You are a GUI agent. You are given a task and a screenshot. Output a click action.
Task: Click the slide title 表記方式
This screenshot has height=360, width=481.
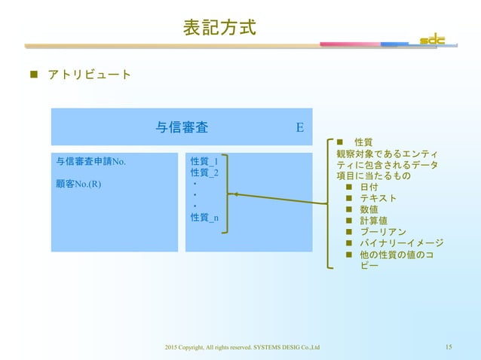coord(219,28)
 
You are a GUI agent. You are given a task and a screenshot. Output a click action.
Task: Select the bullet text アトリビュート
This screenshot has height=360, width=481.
coord(89,75)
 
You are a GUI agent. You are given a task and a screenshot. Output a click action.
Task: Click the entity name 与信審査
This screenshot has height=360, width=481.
coord(182,127)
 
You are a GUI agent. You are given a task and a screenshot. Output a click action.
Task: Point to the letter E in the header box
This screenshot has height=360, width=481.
coord(299,127)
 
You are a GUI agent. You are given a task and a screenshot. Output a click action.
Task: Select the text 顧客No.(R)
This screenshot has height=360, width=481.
coord(79,183)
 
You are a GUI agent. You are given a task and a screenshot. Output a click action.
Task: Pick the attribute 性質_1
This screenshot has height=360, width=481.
coord(204,161)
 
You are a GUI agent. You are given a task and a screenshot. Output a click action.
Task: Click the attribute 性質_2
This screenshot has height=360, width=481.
coord(204,172)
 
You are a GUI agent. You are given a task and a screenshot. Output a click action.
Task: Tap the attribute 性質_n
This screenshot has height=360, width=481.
coord(204,218)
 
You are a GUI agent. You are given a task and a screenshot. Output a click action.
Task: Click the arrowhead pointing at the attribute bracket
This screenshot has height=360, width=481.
coord(234,194)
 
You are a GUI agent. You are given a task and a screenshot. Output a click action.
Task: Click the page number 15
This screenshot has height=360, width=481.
coord(449,346)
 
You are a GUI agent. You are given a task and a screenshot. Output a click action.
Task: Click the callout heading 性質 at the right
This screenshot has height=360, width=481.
coord(363,142)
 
